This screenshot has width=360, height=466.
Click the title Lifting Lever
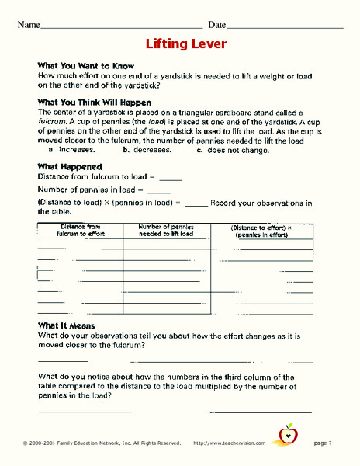pyautogui.click(x=186, y=44)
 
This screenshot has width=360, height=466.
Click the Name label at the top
pyautogui.click(x=28, y=25)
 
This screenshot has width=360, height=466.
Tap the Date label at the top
pyautogui.click(x=216, y=25)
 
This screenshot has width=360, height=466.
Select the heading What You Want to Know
pyautogui.click(x=86, y=66)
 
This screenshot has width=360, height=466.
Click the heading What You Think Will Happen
pyautogui.click(x=94, y=103)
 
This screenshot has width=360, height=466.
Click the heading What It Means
pyautogui.click(x=66, y=325)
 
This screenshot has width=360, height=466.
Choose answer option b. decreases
pyautogui.click(x=147, y=149)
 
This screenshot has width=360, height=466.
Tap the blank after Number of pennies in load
pyautogui.click(x=158, y=191)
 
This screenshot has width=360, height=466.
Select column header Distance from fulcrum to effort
pyautogui.click(x=80, y=229)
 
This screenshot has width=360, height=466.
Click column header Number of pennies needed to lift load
pyautogui.click(x=166, y=229)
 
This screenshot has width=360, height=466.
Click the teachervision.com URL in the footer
pyautogui.click(x=229, y=443)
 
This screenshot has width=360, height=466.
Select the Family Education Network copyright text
pyautogui.click(x=102, y=443)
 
